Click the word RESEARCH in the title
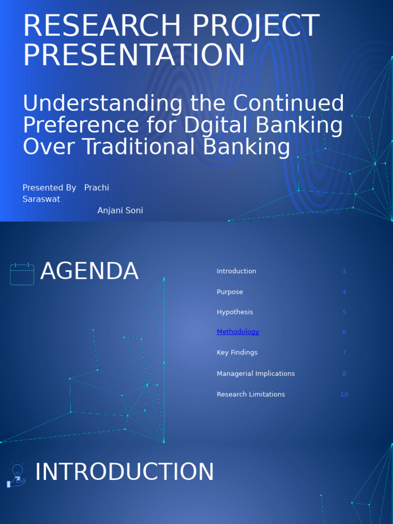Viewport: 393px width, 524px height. [102, 26]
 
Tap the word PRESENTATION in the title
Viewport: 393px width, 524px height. [134, 55]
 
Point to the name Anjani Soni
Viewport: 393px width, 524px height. [120, 210]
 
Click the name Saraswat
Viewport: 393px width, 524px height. [41, 199]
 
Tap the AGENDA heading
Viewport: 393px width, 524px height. [89, 271]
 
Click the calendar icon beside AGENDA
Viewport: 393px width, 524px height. [22, 274]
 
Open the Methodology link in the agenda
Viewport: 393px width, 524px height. [237, 332]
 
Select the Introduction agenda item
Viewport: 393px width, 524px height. [236, 271]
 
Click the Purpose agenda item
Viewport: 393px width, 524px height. [230, 292]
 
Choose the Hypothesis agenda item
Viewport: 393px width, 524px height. [234, 312]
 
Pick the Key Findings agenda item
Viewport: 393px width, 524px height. [237, 353]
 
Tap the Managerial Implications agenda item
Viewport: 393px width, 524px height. [256, 374]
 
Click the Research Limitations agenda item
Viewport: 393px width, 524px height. [251, 395]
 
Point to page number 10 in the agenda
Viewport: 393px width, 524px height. [344, 395]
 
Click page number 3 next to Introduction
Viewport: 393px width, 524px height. [344, 271]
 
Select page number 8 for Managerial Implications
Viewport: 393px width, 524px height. [344, 374]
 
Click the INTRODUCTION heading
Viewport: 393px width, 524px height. [124, 472]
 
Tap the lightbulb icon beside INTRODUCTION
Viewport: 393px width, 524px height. [16, 475]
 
